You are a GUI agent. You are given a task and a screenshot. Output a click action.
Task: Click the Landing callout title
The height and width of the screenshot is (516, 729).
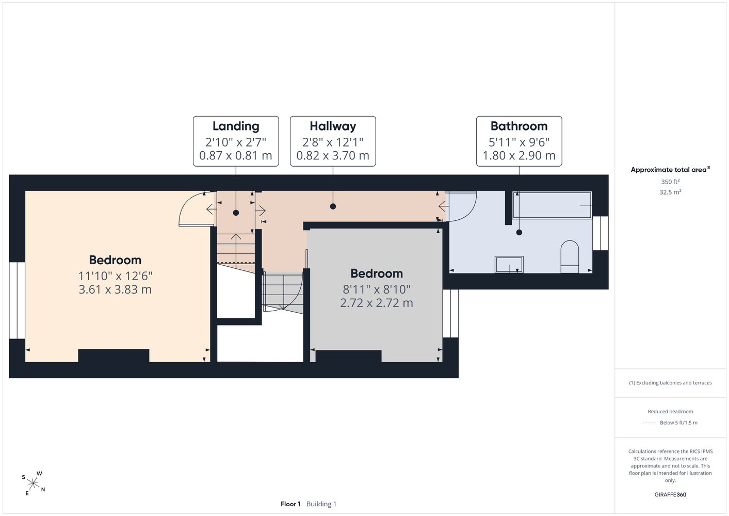[236, 126]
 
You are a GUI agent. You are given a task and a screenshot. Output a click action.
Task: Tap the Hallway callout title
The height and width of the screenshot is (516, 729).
[333, 126]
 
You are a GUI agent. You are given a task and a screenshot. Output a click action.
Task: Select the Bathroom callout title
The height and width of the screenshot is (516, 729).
[519, 126]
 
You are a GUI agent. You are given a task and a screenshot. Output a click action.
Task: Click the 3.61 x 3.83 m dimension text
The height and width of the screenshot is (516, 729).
[115, 289]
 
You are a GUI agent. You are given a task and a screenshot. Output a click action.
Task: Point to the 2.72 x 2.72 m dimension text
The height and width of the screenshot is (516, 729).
[377, 303]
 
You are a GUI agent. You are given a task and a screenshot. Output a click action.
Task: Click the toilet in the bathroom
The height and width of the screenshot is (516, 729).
[570, 256]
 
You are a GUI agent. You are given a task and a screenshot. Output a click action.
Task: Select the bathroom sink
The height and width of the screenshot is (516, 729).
[509, 264]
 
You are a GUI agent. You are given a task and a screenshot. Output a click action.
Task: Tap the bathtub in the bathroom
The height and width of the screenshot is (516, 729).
[552, 205]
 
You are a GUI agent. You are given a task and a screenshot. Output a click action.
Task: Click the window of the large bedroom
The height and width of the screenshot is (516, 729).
[17, 300]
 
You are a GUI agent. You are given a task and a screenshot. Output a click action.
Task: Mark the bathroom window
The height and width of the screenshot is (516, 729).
[601, 233]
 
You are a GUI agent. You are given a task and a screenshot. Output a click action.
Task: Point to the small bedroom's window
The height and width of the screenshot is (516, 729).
[451, 314]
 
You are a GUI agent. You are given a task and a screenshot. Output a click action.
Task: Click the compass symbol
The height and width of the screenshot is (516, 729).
[34, 483]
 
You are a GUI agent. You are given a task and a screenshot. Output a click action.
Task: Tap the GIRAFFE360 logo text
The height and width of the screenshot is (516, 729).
[670, 494]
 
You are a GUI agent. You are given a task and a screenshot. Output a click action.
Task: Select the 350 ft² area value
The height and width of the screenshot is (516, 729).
[670, 182]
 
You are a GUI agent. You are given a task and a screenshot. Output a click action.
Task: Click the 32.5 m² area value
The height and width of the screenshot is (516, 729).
[670, 192]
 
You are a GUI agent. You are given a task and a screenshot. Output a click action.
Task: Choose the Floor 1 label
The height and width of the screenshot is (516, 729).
[290, 504]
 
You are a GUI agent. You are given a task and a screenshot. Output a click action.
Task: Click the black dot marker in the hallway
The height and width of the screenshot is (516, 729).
[333, 206]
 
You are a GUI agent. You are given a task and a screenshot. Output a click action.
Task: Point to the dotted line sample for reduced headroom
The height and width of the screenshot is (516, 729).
[650, 423]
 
